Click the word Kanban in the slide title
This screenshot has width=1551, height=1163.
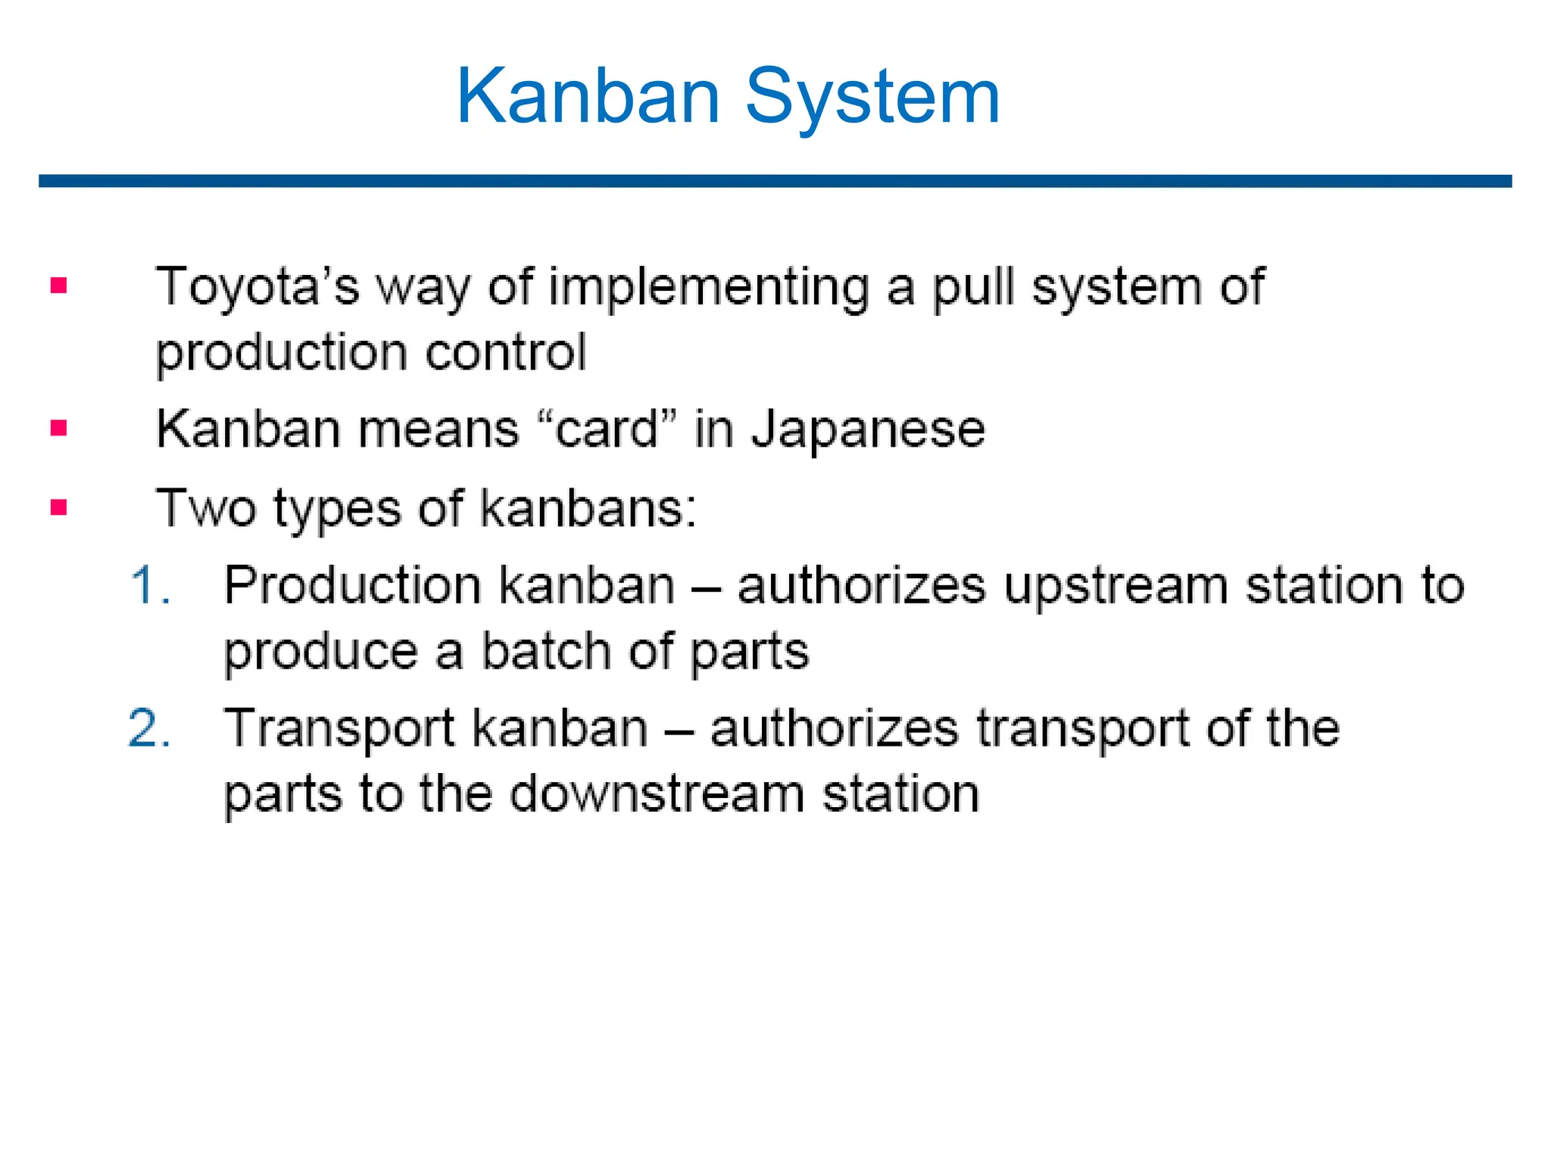[x=588, y=96]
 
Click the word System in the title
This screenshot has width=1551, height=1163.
[x=872, y=96]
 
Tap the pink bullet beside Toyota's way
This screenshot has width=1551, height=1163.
[x=59, y=285]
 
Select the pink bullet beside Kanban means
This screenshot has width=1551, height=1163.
[x=59, y=429]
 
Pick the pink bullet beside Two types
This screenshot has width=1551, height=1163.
[x=59, y=507]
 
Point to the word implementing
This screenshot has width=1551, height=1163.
[x=708, y=288]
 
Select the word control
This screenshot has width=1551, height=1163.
[x=506, y=352]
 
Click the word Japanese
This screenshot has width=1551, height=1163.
[x=868, y=431]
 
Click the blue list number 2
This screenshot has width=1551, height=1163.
[x=148, y=728]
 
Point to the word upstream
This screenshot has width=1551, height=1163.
[x=1116, y=587]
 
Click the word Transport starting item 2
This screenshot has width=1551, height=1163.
[x=340, y=728]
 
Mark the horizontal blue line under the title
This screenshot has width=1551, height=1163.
[x=775, y=181]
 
